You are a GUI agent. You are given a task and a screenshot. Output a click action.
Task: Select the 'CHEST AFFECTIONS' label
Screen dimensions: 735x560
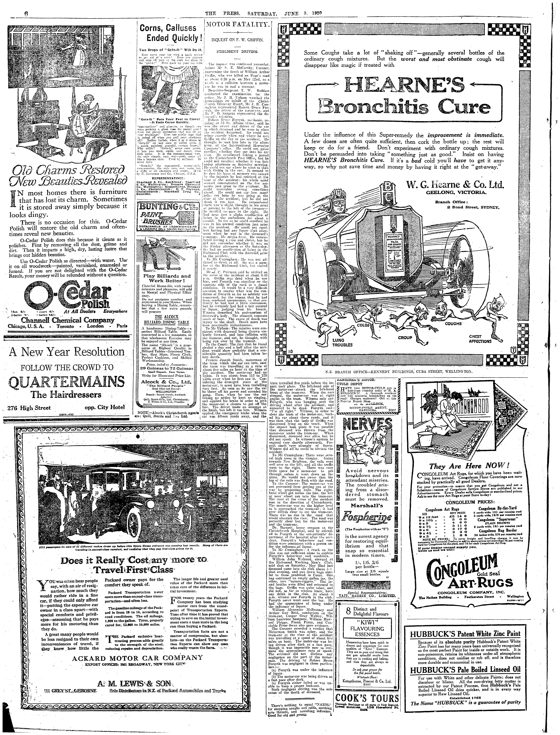coord(480,339)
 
